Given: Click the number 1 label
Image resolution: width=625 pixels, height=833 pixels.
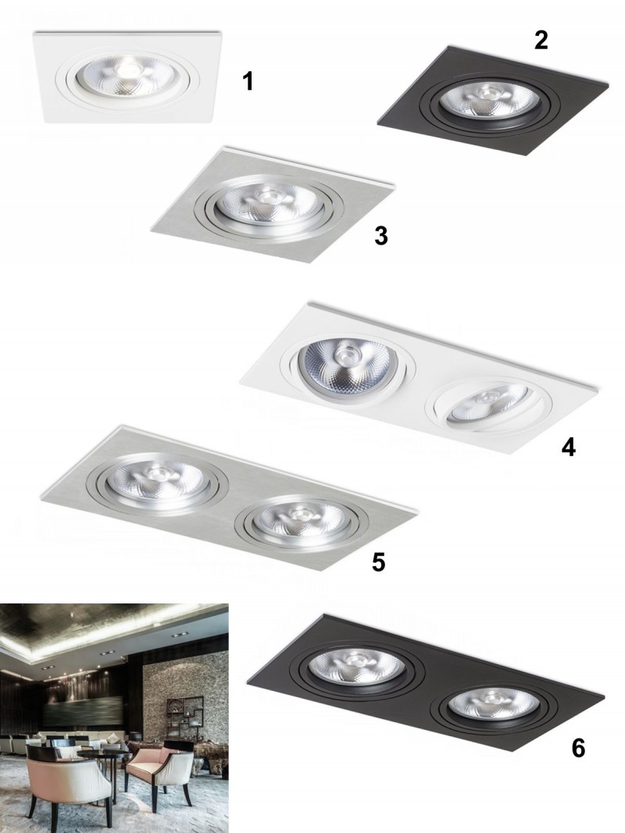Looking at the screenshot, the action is [x=248, y=82].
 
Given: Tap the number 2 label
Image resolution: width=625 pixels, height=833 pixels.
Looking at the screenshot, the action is [x=541, y=41].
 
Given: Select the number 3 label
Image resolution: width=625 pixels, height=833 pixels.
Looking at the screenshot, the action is [x=380, y=236].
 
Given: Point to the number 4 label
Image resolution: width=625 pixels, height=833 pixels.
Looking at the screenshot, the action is [x=568, y=448].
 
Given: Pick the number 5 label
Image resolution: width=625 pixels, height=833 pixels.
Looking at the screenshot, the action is [x=378, y=563].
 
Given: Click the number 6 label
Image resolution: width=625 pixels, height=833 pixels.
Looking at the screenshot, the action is [x=578, y=748].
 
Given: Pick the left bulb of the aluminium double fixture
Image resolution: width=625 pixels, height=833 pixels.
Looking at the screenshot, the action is [x=155, y=480].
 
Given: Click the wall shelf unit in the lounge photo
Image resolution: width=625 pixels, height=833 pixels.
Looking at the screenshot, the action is [x=184, y=715].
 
